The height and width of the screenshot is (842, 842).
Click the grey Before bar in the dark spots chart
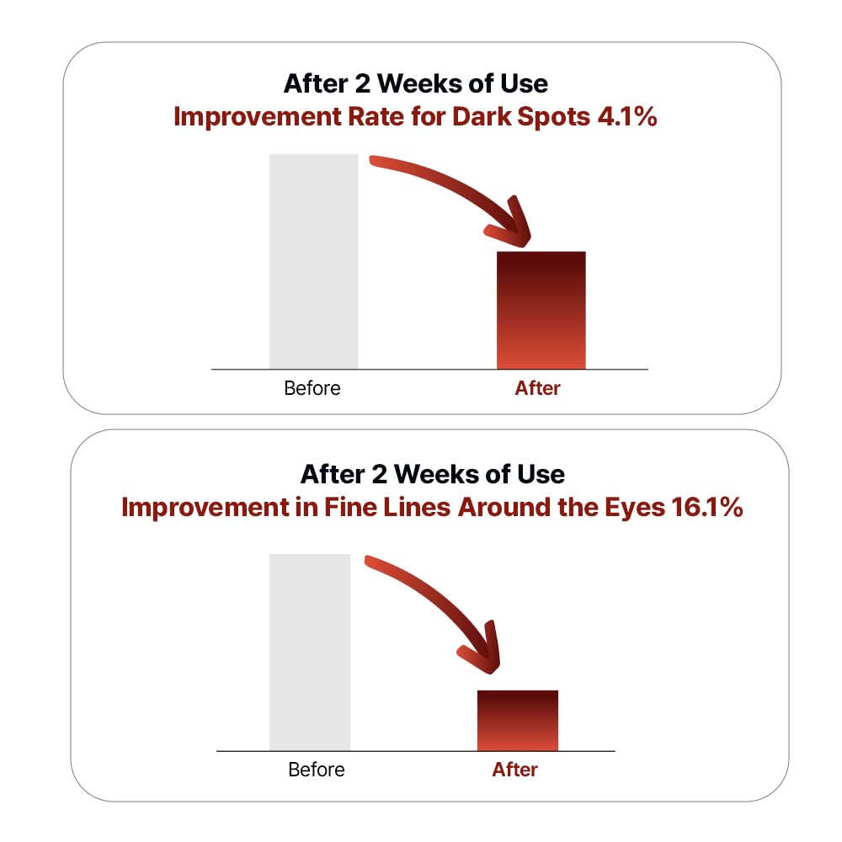click(313, 262)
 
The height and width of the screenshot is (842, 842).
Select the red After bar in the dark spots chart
click(541, 311)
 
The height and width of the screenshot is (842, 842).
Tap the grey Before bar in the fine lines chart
click(310, 653)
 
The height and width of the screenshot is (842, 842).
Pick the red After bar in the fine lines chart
click(518, 721)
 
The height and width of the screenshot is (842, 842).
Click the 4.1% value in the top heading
click(627, 116)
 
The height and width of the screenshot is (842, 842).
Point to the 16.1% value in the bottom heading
click(707, 507)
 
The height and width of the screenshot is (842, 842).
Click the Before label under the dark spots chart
click(312, 388)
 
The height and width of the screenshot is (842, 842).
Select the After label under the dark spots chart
click(537, 388)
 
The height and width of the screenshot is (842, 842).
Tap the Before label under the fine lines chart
click(317, 770)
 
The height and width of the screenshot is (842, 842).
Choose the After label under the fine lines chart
click(515, 770)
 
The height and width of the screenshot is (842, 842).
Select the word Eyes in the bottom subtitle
click(635, 508)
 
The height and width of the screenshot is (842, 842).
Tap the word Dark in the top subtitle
click(482, 116)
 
